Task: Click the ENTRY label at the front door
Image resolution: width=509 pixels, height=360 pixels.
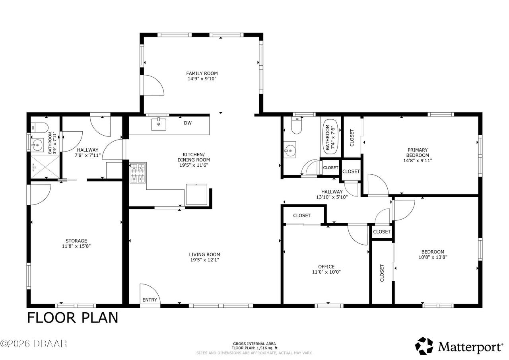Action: click(x=150, y=300)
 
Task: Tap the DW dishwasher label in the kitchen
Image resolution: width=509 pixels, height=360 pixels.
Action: click(x=188, y=123)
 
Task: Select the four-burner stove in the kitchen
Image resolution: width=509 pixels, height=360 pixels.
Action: click(x=138, y=173)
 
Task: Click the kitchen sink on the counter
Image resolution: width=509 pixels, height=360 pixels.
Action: click(x=159, y=125)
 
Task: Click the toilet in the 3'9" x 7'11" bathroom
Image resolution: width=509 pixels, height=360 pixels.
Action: click(x=39, y=128)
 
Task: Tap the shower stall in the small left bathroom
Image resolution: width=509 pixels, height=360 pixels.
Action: click(x=45, y=167)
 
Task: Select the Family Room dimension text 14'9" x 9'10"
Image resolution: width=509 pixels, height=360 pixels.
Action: click(x=202, y=79)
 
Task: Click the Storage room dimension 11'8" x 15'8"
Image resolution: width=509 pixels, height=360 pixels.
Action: click(x=76, y=246)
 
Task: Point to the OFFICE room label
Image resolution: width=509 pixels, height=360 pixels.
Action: click(x=326, y=267)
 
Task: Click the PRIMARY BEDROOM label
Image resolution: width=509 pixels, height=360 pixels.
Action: click(x=418, y=152)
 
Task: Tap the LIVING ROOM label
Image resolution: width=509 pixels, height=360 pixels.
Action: click(x=204, y=255)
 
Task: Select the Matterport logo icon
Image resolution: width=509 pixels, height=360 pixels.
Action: click(x=424, y=346)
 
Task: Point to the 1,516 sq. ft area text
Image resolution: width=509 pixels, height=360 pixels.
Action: click(x=266, y=348)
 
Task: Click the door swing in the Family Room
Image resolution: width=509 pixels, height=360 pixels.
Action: click(x=154, y=85)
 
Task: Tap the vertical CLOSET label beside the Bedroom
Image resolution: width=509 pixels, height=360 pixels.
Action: click(x=382, y=273)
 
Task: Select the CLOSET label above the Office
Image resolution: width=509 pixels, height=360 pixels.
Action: click(x=302, y=216)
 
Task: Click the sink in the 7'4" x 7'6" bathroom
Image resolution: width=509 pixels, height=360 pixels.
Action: click(x=290, y=150)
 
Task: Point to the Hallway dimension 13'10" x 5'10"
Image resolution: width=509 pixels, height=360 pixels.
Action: click(x=332, y=197)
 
